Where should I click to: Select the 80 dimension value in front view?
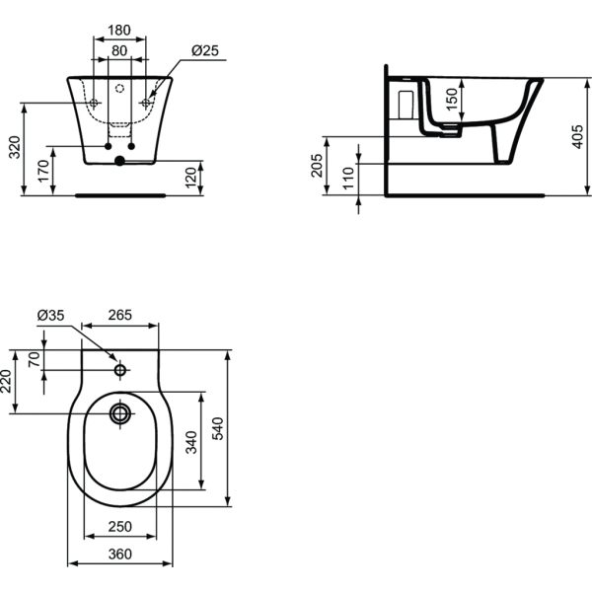[x=119, y=51]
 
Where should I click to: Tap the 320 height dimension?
[x=15, y=148]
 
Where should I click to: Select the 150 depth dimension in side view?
[x=453, y=101]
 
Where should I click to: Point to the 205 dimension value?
[x=318, y=165]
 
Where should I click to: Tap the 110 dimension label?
[x=346, y=178]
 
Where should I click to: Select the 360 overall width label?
[x=119, y=555]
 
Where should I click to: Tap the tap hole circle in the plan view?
[x=120, y=371]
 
